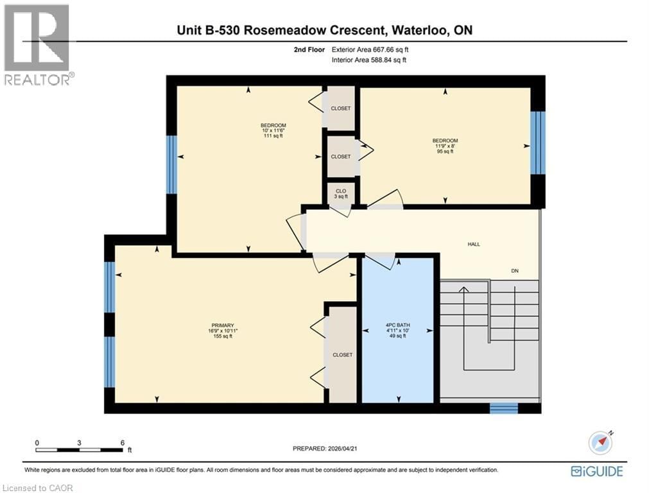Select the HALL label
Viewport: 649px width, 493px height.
point(474,244)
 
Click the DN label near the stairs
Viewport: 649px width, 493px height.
point(514,271)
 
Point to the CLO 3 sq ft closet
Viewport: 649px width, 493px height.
point(341,193)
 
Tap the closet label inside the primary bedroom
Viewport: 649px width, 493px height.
point(342,355)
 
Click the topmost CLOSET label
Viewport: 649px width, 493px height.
point(341,108)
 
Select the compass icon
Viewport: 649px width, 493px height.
point(600,442)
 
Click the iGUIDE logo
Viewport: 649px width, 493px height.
point(596,471)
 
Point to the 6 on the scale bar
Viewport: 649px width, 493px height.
point(121,443)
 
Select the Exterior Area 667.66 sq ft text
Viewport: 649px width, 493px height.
point(369,49)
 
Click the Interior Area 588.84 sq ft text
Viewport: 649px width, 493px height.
point(369,60)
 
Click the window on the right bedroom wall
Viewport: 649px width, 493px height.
point(537,143)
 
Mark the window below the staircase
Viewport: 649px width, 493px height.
point(503,408)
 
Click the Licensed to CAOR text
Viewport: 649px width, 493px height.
point(37,488)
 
